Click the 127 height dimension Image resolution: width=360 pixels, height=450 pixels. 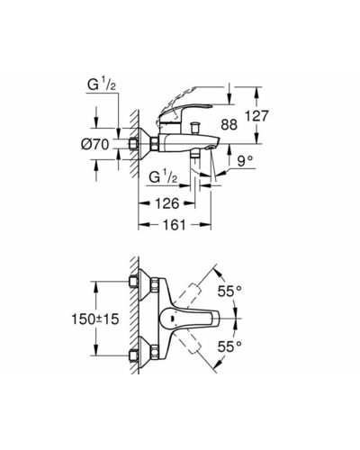(256, 116)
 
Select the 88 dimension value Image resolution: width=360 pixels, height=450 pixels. (229, 124)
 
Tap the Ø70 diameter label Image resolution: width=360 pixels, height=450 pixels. (95, 145)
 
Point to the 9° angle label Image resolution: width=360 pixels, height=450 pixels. (245, 161)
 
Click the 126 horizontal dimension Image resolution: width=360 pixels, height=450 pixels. (166, 203)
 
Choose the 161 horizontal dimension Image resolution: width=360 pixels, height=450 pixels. (175, 224)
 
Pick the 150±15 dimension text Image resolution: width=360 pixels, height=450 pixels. (95, 319)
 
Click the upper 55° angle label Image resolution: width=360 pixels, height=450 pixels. (229, 291)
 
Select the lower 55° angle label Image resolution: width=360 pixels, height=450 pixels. (229, 346)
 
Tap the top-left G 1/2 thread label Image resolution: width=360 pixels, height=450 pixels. (102, 85)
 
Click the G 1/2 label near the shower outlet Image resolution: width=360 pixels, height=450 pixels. (163, 177)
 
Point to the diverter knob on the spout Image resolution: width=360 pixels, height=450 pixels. (196, 128)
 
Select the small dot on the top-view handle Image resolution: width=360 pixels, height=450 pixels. (171, 319)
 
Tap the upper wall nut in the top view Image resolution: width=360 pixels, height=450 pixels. (133, 282)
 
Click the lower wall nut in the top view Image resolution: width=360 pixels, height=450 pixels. (133, 355)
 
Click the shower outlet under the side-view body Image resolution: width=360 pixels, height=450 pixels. (196, 154)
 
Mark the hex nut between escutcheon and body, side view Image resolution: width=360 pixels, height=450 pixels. (155, 144)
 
